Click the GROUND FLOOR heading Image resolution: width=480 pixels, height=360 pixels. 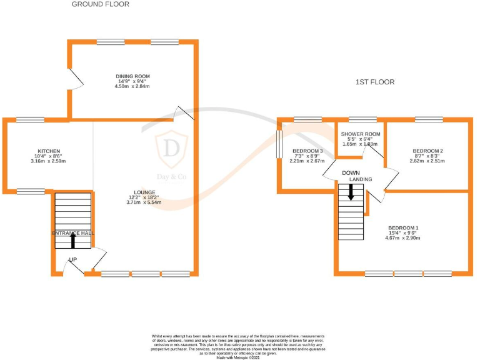(101, 4)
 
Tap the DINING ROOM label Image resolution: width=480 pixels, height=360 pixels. (132, 76)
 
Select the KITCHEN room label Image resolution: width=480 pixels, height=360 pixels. (49, 151)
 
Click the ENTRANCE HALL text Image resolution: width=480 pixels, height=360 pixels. (73, 232)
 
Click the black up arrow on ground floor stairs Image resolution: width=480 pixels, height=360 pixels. (73, 241)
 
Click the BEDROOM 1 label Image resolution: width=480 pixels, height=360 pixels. (403, 227)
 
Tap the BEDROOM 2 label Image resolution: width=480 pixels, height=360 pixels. (428, 151)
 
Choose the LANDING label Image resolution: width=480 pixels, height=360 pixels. (361, 179)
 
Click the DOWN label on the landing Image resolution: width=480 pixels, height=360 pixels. (349, 173)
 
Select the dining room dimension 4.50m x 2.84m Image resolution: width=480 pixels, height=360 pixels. (132, 86)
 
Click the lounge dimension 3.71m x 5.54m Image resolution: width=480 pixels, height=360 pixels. (142, 202)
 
